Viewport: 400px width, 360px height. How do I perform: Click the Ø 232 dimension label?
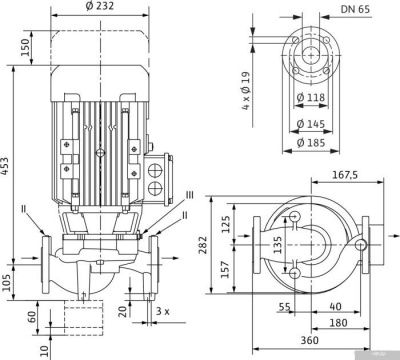pos(100,6)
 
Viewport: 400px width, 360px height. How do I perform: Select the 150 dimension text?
pos(26,47)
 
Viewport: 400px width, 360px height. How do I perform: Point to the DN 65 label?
pos(355,9)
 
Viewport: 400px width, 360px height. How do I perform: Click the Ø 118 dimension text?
pos(310,97)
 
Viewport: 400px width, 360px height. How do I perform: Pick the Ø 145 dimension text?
pos(310,124)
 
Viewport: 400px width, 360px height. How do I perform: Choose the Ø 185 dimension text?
pos(310,143)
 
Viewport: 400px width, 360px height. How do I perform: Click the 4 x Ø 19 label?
pos(246,91)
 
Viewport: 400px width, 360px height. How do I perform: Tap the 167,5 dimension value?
pos(345,175)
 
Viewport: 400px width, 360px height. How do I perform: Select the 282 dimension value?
pos(203,245)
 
